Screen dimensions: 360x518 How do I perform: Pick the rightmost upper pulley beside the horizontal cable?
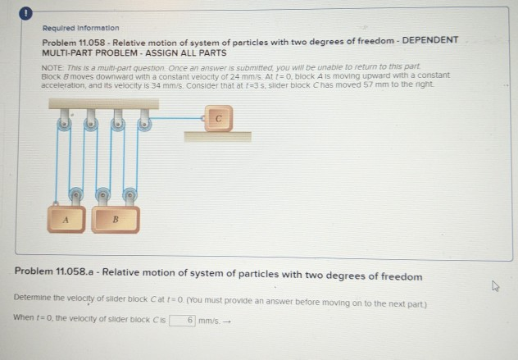click(x=144, y=125)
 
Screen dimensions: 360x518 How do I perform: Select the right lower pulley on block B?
click(x=129, y=196)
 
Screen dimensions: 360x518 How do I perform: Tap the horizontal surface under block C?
click(x=217, y=136)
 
